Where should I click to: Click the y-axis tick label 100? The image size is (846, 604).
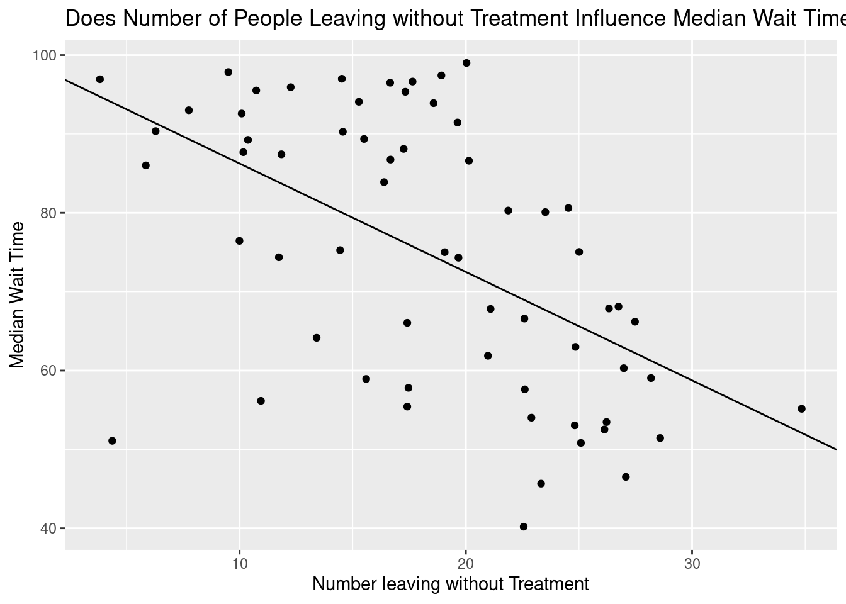(48, 55)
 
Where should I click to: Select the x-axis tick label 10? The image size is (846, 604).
(239, 561)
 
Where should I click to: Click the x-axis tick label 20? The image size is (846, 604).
(466, 561)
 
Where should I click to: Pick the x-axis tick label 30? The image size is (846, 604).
(692, 561)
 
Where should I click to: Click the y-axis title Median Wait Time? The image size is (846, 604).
(18, 295)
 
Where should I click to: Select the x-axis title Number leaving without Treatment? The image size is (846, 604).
(451, 584)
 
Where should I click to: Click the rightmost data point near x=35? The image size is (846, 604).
(801, 409)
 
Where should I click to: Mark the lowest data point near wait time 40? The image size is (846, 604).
(524, 527)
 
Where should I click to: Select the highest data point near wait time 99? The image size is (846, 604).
(466, 63)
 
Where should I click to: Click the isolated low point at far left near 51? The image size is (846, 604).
(112, 441)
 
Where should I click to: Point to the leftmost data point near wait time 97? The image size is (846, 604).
(99, 79)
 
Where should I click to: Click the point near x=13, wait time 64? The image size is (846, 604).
(317, 338)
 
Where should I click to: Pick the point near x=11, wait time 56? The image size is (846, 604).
(261, 401)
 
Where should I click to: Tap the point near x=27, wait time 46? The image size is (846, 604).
(626, 477)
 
